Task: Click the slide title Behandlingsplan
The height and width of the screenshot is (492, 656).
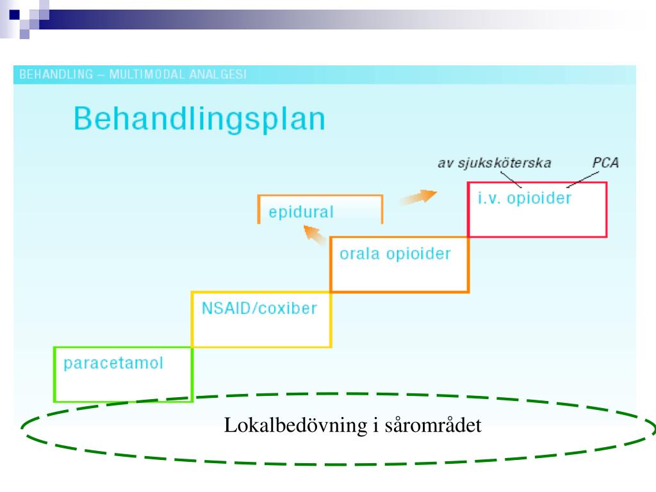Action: point(199,120)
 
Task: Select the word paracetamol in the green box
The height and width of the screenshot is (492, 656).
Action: point(113,363)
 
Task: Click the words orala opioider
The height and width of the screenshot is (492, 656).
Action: point(395,253)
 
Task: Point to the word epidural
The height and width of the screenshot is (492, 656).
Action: point(301,212)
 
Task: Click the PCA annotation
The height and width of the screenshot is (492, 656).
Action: point(605,163)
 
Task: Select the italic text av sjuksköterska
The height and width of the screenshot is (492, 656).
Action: point(494,163)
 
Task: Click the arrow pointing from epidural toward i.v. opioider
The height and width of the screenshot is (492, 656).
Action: point(420,197)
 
